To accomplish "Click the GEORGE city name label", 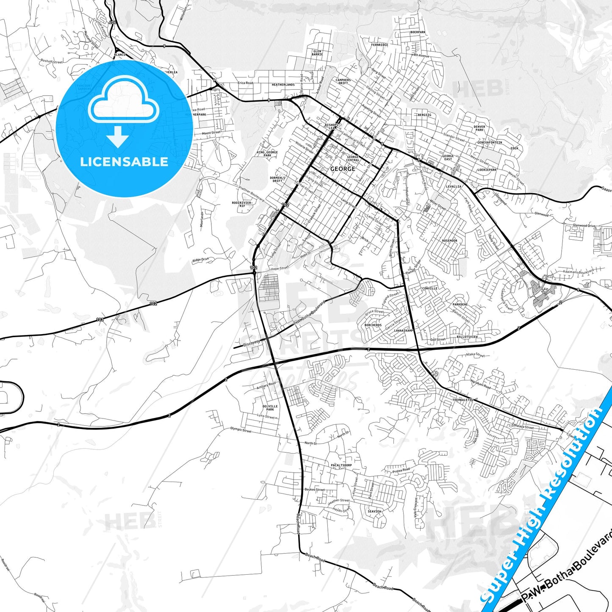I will click(x=343, y=169).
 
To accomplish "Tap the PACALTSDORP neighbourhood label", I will click(x=341, y=465).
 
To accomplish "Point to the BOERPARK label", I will click(x=418, y=32).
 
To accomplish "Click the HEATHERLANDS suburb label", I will click(x=283, y=85).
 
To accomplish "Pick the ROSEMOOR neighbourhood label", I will click(x=449, y=241).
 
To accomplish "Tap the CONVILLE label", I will click(x=429, y=288).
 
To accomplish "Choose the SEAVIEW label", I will click(x=374, y=511).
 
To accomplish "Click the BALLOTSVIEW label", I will click(x=467, y=337).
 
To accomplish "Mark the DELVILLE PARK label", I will click(x=270, y=408).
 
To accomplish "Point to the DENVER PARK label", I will click(x=479, y=128).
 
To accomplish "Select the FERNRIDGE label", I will click(x=379, y=45).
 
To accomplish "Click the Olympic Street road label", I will click(x=241, y=430).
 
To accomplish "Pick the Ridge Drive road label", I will click(x=200, y=260).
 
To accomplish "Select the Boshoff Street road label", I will click(x=51, y=62).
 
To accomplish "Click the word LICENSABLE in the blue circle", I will click(x=124, y=161).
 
